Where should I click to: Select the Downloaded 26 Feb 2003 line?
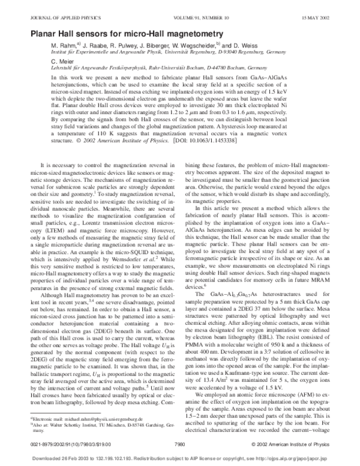[180, 457]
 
